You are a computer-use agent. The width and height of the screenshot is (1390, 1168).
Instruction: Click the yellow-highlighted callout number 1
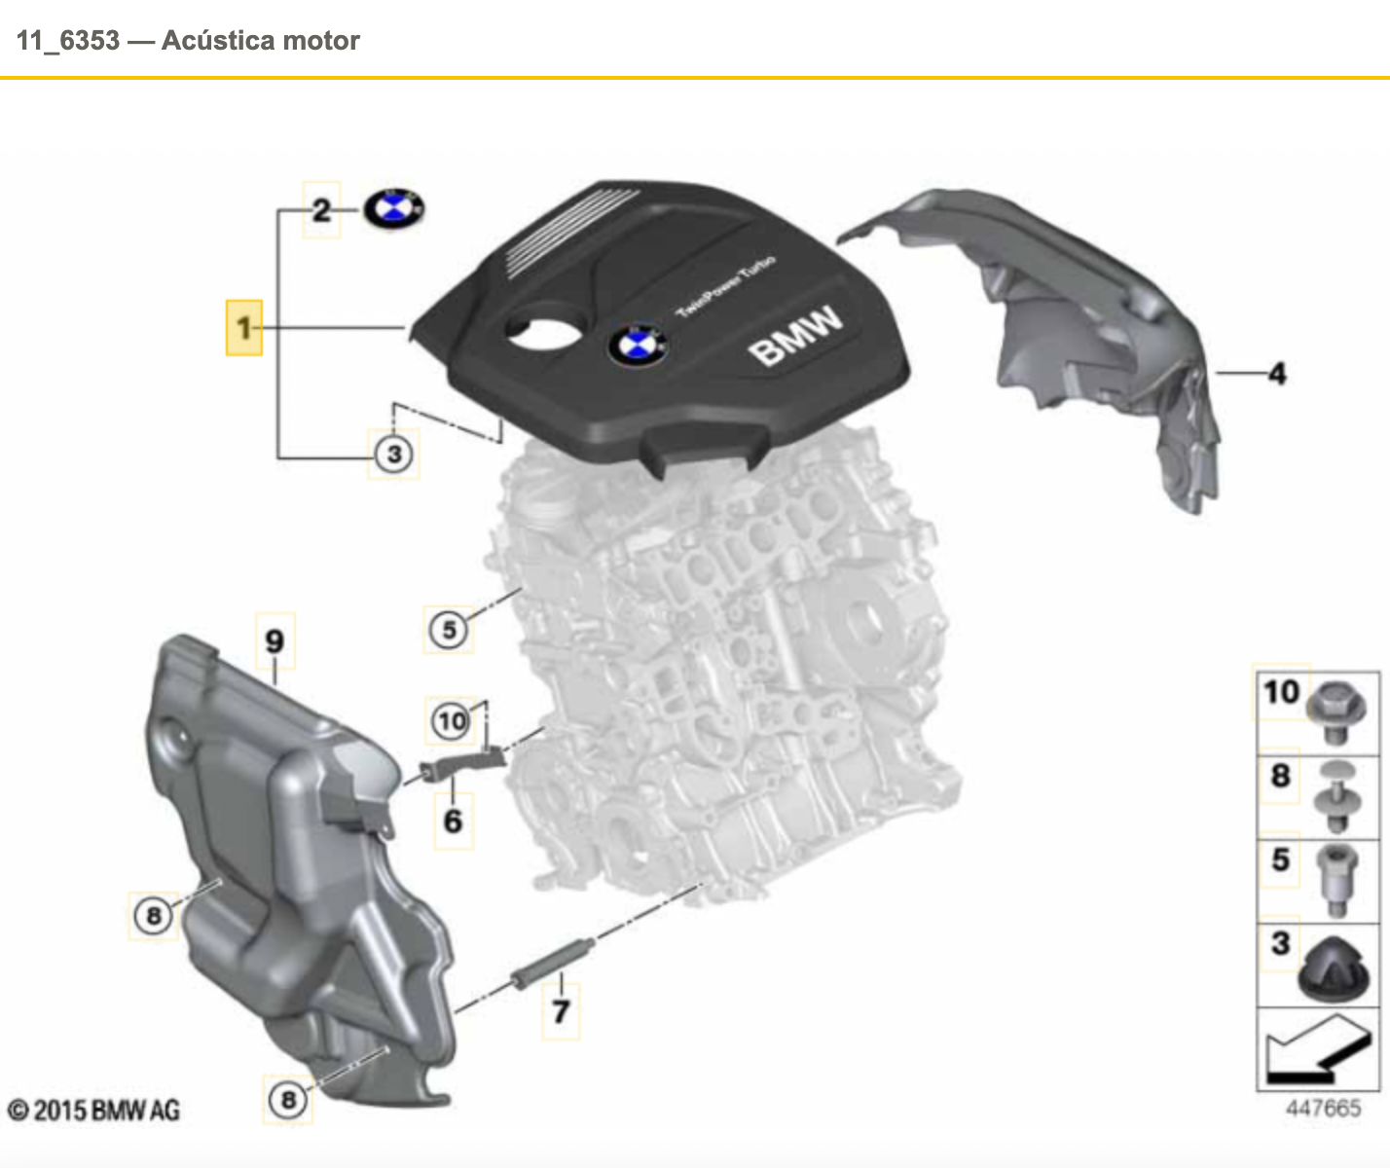pyautogui.click(x=243, y=327)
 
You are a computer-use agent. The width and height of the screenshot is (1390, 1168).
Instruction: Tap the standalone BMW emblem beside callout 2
pyautogui.click(x=394, y=208)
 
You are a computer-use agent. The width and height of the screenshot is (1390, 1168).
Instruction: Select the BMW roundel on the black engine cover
pyautogui.click(x=638, y=346)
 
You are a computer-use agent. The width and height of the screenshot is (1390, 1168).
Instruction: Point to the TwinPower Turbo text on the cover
pyautogui.click(x=726, y=286)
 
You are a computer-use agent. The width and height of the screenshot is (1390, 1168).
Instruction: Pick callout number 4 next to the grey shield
pyautogui.click(x=1277, y=373)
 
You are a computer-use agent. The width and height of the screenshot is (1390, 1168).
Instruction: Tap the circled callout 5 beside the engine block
pyautogui.click(x=449, y=629)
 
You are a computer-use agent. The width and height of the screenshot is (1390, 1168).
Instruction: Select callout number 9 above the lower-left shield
pyautogui.click(x=274, y=641)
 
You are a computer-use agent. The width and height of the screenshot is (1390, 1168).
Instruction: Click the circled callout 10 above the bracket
pyautogui.click(x=451, y=721)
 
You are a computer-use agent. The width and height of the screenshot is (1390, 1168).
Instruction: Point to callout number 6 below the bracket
pyautogui.click(x=453, y=821)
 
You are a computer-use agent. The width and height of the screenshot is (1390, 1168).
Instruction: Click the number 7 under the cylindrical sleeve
pyautogui.click(x=561, y=1012)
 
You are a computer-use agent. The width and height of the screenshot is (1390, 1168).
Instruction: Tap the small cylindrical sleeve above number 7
pyautogui.click(x=552, y=964)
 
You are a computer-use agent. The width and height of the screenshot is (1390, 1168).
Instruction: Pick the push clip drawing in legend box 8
pyautogui.click(x=1335, y=797)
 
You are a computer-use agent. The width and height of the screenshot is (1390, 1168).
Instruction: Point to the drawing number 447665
pyautogui.click(x=1323, y=1108)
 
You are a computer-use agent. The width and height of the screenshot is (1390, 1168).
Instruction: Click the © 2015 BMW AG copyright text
pyautogui.click(x=93, y=1110)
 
